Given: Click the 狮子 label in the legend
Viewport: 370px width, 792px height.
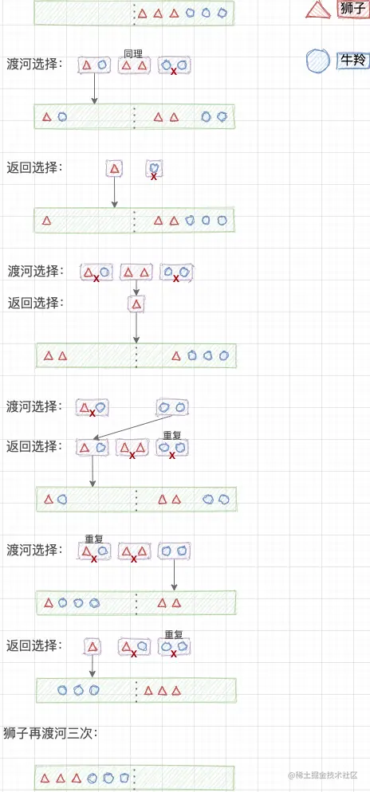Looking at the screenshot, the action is click(353, 9).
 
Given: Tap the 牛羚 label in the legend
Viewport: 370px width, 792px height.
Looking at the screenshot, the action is click(353, 60).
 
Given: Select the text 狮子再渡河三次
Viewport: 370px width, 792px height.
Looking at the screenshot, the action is click(50, 733).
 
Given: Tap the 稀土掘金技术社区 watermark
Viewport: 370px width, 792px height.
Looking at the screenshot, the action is click(324, 775).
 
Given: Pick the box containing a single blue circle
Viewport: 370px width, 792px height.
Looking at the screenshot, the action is click(154, 167).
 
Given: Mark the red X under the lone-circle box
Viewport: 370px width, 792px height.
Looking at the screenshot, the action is click(154, 177).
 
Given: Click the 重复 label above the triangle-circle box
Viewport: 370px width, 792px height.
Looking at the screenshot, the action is click(93, 539).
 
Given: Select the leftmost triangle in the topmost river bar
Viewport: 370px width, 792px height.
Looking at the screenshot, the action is click(143, 14).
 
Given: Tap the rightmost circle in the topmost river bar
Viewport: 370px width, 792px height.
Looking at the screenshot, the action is click(222, 13).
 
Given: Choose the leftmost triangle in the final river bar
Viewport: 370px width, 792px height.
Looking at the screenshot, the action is click(45, 778).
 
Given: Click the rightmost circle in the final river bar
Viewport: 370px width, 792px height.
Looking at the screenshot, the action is click(124, 778).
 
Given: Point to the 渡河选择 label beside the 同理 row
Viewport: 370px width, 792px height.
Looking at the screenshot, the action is click(35, 65).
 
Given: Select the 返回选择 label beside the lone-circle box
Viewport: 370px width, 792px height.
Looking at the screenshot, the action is click(35, 167).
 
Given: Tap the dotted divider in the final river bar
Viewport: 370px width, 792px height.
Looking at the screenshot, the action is click(135, 778).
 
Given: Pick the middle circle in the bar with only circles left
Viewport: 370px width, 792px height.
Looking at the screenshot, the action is click(78, 690).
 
